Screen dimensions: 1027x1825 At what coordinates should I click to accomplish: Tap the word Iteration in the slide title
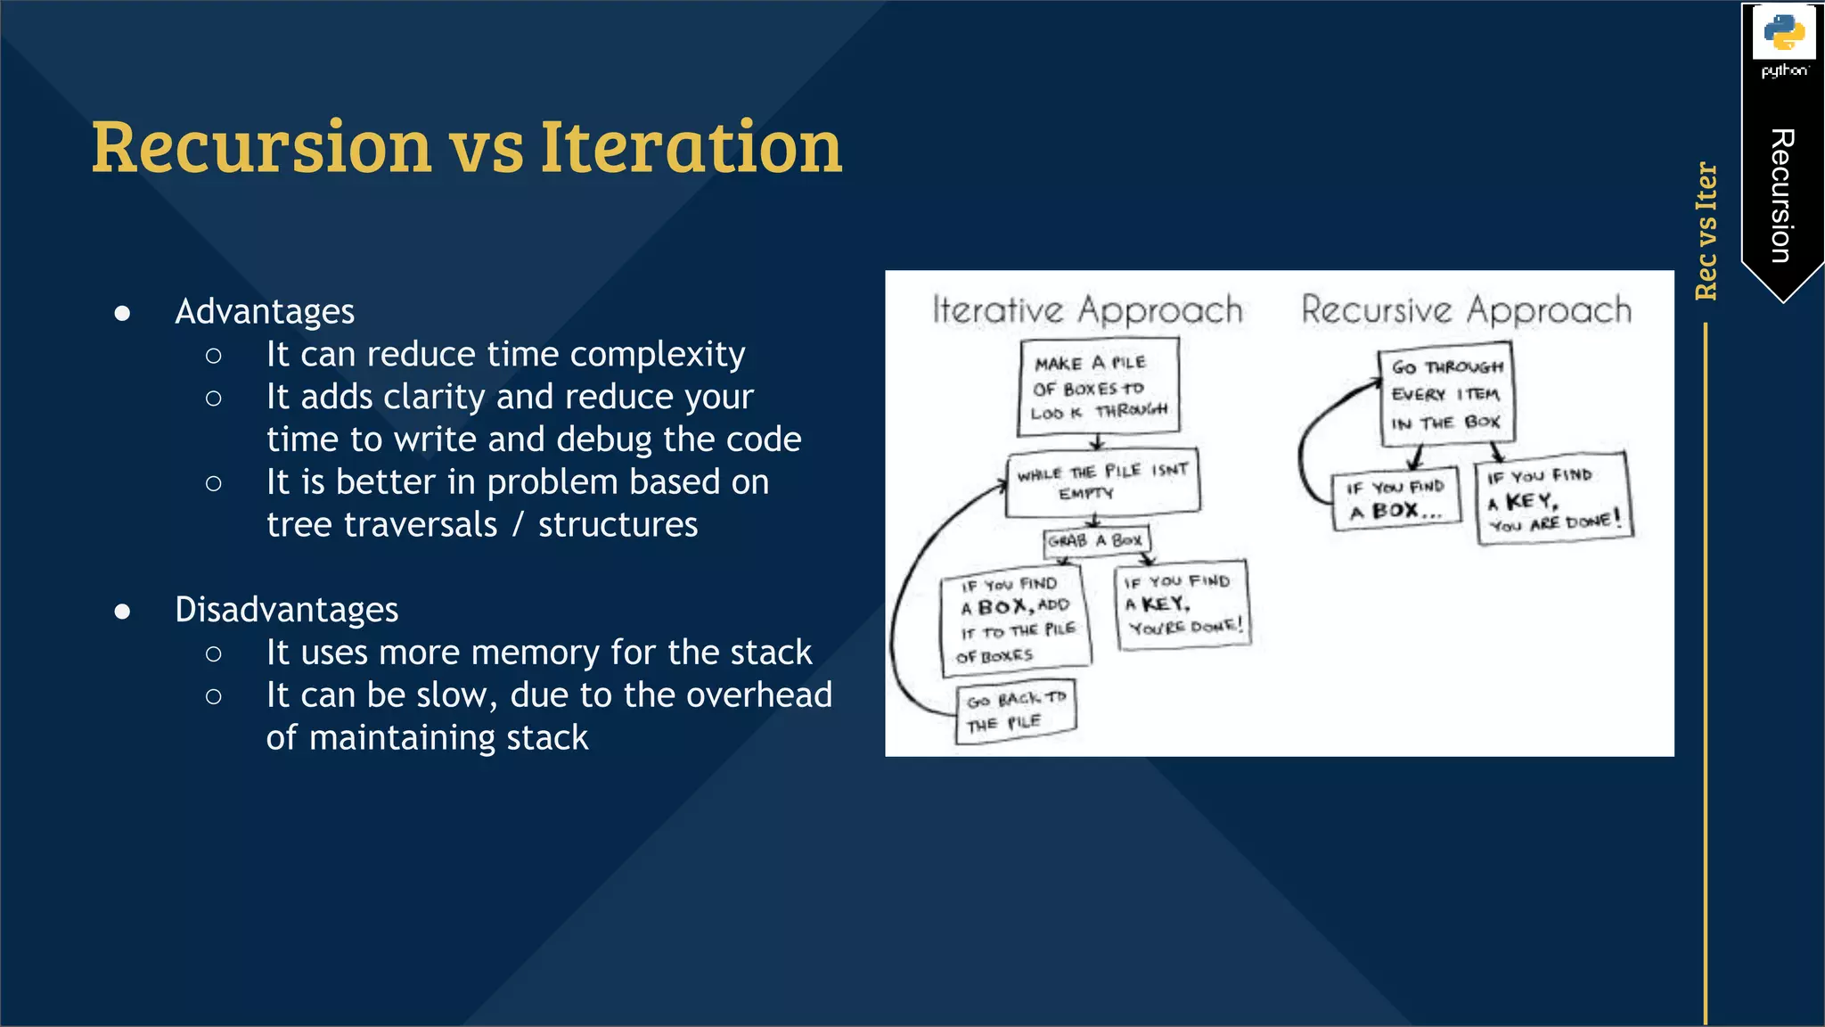click(x=691, y=146)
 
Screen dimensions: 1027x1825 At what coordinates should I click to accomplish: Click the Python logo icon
click(x=1783, y=33)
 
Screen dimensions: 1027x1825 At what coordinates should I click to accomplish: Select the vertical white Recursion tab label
click(x=1781, y=196)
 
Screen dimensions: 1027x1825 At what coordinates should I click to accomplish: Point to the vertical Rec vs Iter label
click(x=1706, y=231)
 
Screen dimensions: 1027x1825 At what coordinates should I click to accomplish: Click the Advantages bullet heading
click(x=265, y=312)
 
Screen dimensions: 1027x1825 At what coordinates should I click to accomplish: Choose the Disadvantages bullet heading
click(x=286, y=610)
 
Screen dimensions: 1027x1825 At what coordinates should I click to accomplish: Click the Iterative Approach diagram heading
click(x=1087, y=310)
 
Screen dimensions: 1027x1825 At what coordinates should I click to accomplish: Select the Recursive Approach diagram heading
click(x=1466, y=310)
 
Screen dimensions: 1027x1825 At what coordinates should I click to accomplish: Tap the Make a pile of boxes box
click(x=1099, y=387)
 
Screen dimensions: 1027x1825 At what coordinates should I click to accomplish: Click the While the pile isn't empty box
click(x=1102, y=482)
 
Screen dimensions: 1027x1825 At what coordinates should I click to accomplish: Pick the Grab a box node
click(x=1096, y=540)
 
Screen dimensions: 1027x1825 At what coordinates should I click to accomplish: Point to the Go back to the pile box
click(x=1016, y=711)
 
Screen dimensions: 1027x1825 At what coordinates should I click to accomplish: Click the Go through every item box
click(x=1445, y=394)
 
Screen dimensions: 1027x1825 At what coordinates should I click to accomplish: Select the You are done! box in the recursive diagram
click(x=1553, y=499)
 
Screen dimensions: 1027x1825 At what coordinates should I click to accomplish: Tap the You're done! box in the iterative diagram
click(x=1182, y=604)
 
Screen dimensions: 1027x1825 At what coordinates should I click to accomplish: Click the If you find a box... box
click(x=1396, y=499)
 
